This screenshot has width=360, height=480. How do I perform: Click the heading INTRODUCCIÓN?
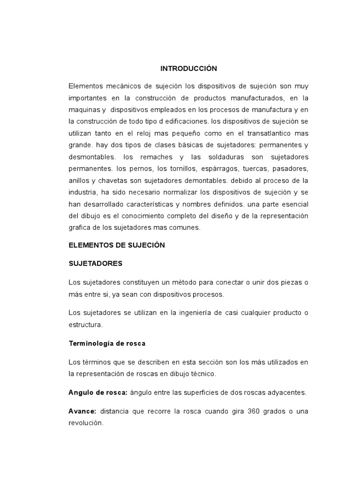point(189,68)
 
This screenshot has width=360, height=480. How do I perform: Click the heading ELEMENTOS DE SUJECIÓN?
point(117,245)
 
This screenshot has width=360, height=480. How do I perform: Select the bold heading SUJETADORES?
point(95,263)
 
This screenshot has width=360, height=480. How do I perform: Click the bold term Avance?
point(82,411)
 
